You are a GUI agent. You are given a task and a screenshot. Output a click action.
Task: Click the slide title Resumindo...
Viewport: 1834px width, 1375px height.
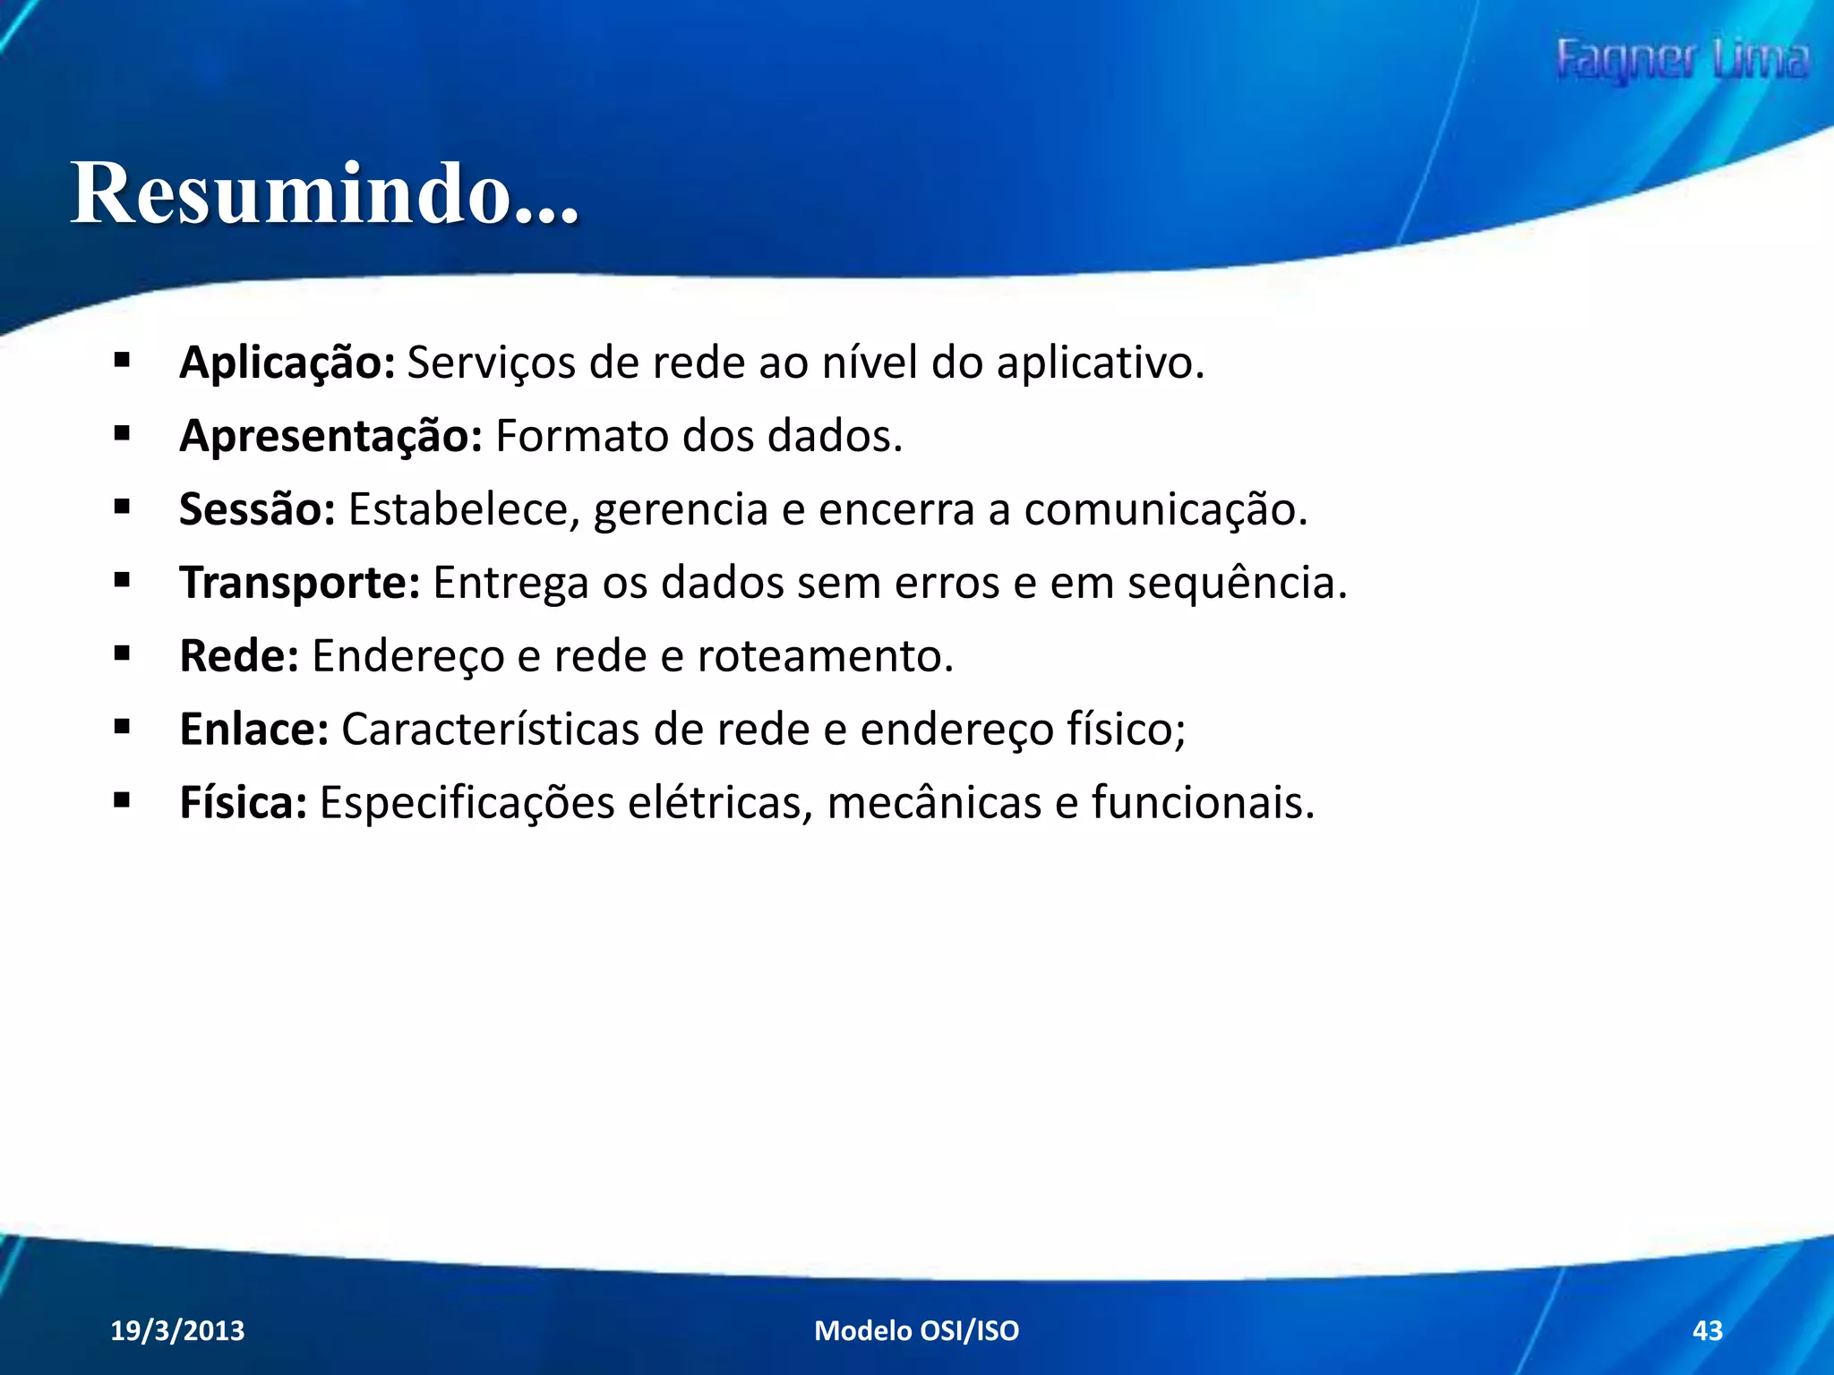(324, 193)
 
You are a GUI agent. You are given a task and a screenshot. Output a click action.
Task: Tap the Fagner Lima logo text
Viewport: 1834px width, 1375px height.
(1682, 61)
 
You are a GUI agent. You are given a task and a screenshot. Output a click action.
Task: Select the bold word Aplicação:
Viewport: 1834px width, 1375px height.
(287, 363)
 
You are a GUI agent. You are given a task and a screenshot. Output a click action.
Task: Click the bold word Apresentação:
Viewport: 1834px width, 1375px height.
(330, 437)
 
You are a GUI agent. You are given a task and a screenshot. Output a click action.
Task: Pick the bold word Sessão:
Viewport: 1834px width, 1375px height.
(257, 509)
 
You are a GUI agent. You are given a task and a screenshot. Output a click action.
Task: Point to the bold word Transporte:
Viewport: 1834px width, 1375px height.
(299, 583)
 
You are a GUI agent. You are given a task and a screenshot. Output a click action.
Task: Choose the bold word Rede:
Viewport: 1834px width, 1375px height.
(238, 656)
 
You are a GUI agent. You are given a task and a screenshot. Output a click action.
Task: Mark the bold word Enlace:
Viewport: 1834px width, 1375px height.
(254, 729)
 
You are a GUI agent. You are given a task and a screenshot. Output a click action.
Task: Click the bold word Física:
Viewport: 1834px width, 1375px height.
(243, 802)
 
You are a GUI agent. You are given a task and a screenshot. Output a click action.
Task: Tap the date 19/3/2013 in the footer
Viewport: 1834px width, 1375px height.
(177, 1330)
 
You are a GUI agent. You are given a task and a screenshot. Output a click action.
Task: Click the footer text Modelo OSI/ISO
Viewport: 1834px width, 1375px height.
(916, 1330)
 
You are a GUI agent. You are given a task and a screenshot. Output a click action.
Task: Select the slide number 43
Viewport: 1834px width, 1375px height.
(1707, 1330)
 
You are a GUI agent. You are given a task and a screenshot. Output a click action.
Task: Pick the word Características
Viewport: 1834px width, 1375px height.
(490, 729)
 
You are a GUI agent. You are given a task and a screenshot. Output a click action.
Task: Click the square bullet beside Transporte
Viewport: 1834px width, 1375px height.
(123, 581)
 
